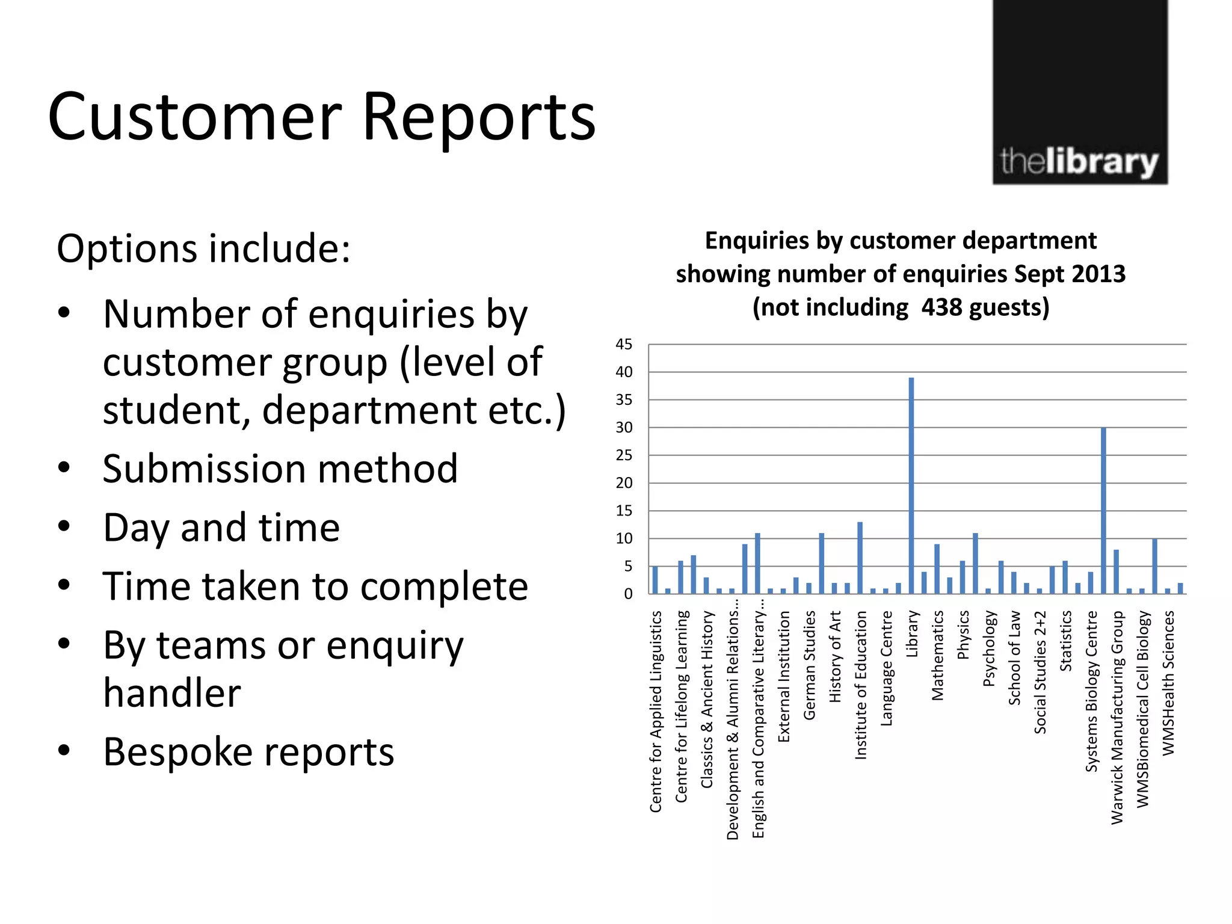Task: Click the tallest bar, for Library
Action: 911,485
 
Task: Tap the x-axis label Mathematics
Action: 937,655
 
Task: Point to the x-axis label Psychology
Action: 988,648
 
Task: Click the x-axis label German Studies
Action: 810,665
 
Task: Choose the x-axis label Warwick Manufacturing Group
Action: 1116,717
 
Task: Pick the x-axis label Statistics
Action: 1065,641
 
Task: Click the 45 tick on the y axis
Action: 624,345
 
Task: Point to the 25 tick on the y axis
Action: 624,455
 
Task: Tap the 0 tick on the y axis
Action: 628,594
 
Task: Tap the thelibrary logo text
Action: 1079,162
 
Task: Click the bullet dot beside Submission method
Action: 64,468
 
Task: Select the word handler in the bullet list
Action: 172,693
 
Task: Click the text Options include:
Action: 203,248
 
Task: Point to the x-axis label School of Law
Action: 1014,658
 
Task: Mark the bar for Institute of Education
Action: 860,558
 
